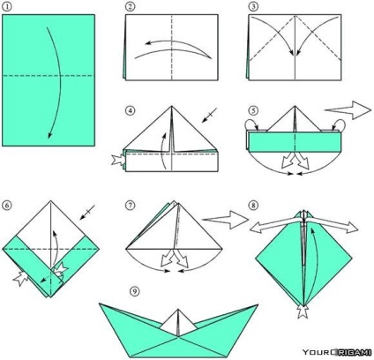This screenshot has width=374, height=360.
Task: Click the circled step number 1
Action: click(6, 6)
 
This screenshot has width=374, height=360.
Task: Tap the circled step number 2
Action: click(130, 6)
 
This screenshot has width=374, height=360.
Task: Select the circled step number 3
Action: click(253, 6)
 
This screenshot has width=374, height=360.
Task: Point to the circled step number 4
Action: click(130, 111)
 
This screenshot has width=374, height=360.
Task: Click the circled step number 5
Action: click(253, 111)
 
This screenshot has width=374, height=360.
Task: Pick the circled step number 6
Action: click(7, 205)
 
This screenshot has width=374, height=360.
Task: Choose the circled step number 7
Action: click(130, 205)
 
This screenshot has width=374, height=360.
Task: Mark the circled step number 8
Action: click(253, 205)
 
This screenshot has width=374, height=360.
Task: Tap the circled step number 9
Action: click(135, 291)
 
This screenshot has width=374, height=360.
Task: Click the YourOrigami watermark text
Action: click(337, 352)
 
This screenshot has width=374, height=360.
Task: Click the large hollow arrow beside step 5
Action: click(348, 110)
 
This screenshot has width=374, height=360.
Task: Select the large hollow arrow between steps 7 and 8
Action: click(225, 220)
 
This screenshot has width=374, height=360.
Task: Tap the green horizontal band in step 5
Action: click(295, 141)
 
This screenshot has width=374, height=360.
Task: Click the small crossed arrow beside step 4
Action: click(209, 115)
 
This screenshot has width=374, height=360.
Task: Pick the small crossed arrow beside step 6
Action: click(87, 213)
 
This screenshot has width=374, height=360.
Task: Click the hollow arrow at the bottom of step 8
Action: click(302, 312)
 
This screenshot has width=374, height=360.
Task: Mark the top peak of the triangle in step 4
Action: click(172, 106)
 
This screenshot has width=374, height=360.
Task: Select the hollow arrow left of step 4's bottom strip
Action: click(118, 161)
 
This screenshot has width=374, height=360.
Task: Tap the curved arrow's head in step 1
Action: click(49, 136)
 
